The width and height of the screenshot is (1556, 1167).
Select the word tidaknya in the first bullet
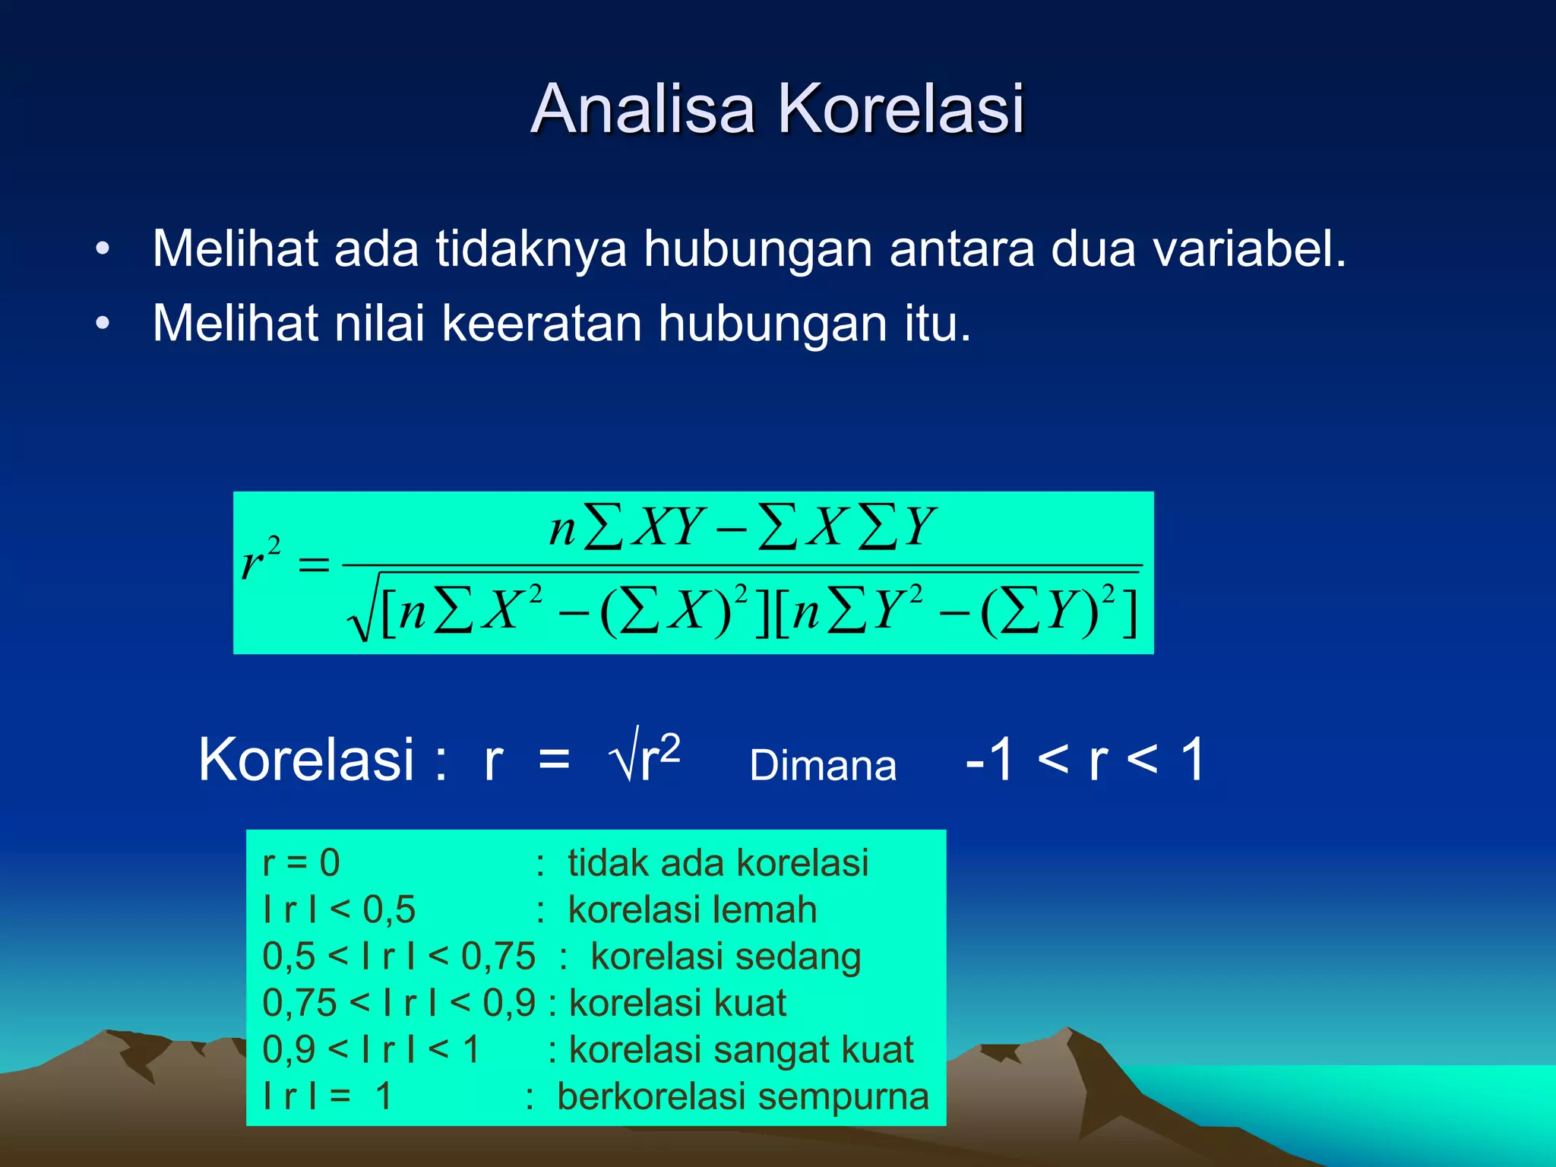point(531,248)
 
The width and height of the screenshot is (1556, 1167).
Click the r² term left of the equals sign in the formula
point(260,558)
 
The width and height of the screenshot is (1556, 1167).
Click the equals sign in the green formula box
point(314,565)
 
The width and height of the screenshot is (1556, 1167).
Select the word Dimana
point(823,765)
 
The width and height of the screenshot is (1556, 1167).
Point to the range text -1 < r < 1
point(1085,759)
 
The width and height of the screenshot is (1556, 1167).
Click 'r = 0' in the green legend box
point(301,863)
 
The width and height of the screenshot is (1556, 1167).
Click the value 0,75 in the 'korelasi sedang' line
point(498,957)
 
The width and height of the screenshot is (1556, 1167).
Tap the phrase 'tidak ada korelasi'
point(718,863)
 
